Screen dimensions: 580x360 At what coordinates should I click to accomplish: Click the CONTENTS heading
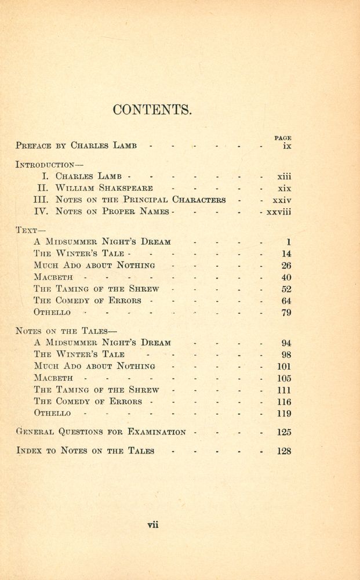[x=152, y=110]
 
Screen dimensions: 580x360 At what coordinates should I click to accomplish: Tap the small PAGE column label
[x=282, y=138]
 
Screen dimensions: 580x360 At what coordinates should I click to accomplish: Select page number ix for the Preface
[x=287, y=146]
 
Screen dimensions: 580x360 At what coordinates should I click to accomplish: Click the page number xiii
[x=284, y=176]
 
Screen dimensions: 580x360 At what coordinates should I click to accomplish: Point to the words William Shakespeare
[x=104, y=188]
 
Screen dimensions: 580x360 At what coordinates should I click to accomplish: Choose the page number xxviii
[x=278, y=212]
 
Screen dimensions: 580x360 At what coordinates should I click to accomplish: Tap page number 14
[x=286, y=253]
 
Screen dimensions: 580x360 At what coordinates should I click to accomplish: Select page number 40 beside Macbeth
[x=286, y=277]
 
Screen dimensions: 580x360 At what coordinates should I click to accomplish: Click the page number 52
[x=286, y=289]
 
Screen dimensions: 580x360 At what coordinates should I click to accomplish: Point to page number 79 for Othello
[x=286, y=313]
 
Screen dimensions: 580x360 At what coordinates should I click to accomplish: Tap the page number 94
[x=286, y=343]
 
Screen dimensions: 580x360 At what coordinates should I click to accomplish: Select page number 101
[x=284, y=367]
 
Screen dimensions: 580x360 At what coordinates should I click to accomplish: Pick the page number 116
[x=284, y=402]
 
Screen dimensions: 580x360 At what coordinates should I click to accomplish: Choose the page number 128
[x=283, y=451]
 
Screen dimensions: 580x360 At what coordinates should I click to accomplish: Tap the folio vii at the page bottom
[x=153, y=525]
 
